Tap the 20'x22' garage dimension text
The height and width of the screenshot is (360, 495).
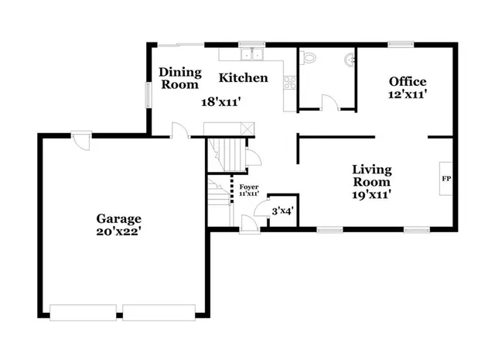click(x=118, y=231)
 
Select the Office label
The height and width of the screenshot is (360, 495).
click(x=408, y=81)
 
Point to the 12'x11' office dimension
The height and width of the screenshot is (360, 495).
click(x=408, y=94)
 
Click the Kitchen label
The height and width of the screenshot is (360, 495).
click(x=243, y=77)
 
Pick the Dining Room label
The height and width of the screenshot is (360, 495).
click(x=180, y=78)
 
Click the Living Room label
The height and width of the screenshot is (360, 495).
click(x=372, y=175)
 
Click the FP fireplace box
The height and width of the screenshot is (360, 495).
click(x=446, y=180)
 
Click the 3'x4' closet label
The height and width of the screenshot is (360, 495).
click(x=282, y=210)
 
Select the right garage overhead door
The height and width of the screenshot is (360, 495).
click(x=159, y=312)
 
